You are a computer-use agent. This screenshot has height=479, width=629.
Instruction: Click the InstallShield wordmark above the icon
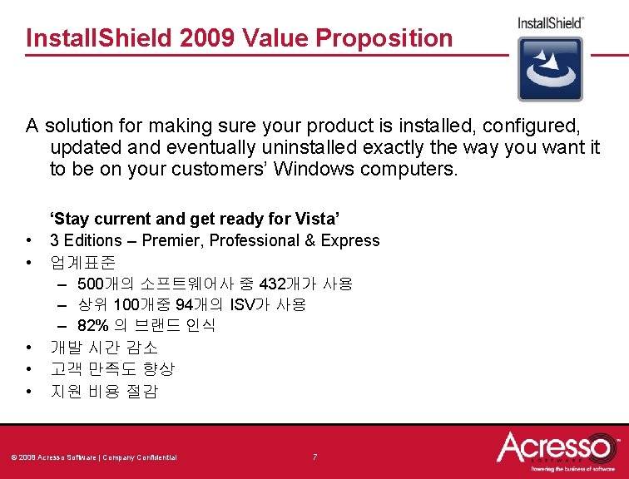tap(550, 22)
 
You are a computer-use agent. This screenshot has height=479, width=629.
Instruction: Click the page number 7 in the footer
tap(314, 457)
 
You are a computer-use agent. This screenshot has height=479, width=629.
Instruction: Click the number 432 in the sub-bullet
tap(274, 284)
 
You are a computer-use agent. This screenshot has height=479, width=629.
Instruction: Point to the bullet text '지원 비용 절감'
tap(103, 391)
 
